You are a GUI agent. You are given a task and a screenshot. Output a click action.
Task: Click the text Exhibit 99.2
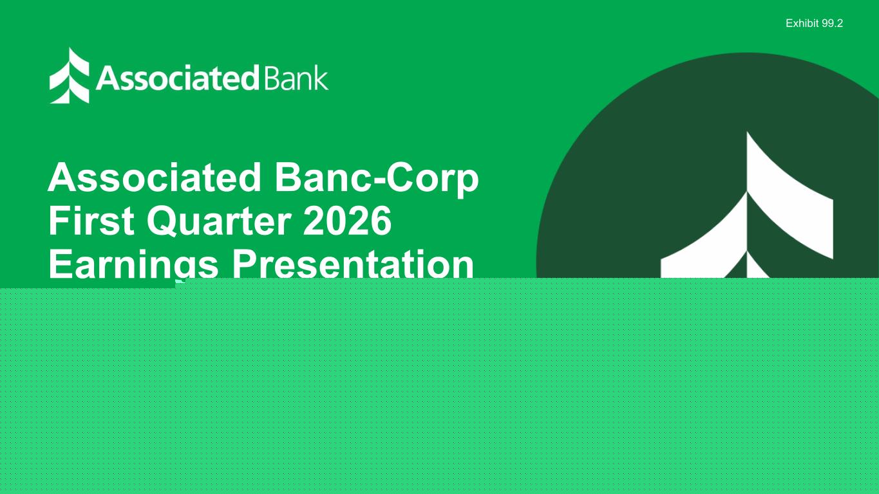click(x=814, y=24)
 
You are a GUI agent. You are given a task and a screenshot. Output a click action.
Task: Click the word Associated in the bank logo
click(x=177, y=78)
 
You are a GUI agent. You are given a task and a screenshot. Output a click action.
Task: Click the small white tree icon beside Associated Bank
click(x=70, y=75)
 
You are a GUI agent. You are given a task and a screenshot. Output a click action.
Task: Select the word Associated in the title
click(x=155, y=178)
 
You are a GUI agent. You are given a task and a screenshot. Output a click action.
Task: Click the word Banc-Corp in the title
click(x=377, y=179)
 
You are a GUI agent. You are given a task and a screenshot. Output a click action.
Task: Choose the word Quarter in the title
click(x=219, y=221)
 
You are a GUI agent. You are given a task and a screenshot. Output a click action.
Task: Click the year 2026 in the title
click(x=348, y=221)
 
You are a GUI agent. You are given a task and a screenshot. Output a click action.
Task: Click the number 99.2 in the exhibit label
click(x=832, y=24)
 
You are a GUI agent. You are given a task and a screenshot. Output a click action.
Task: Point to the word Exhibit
click(x=802, y=24)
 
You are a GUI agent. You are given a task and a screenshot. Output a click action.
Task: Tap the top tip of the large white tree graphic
click(x=747, y=132)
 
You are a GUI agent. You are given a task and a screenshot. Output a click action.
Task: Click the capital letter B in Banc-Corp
click(x=288, y=178)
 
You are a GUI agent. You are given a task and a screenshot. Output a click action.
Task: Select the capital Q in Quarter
click(x=162, y=221)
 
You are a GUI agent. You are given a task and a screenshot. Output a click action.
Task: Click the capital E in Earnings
click(x=61, y=262)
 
